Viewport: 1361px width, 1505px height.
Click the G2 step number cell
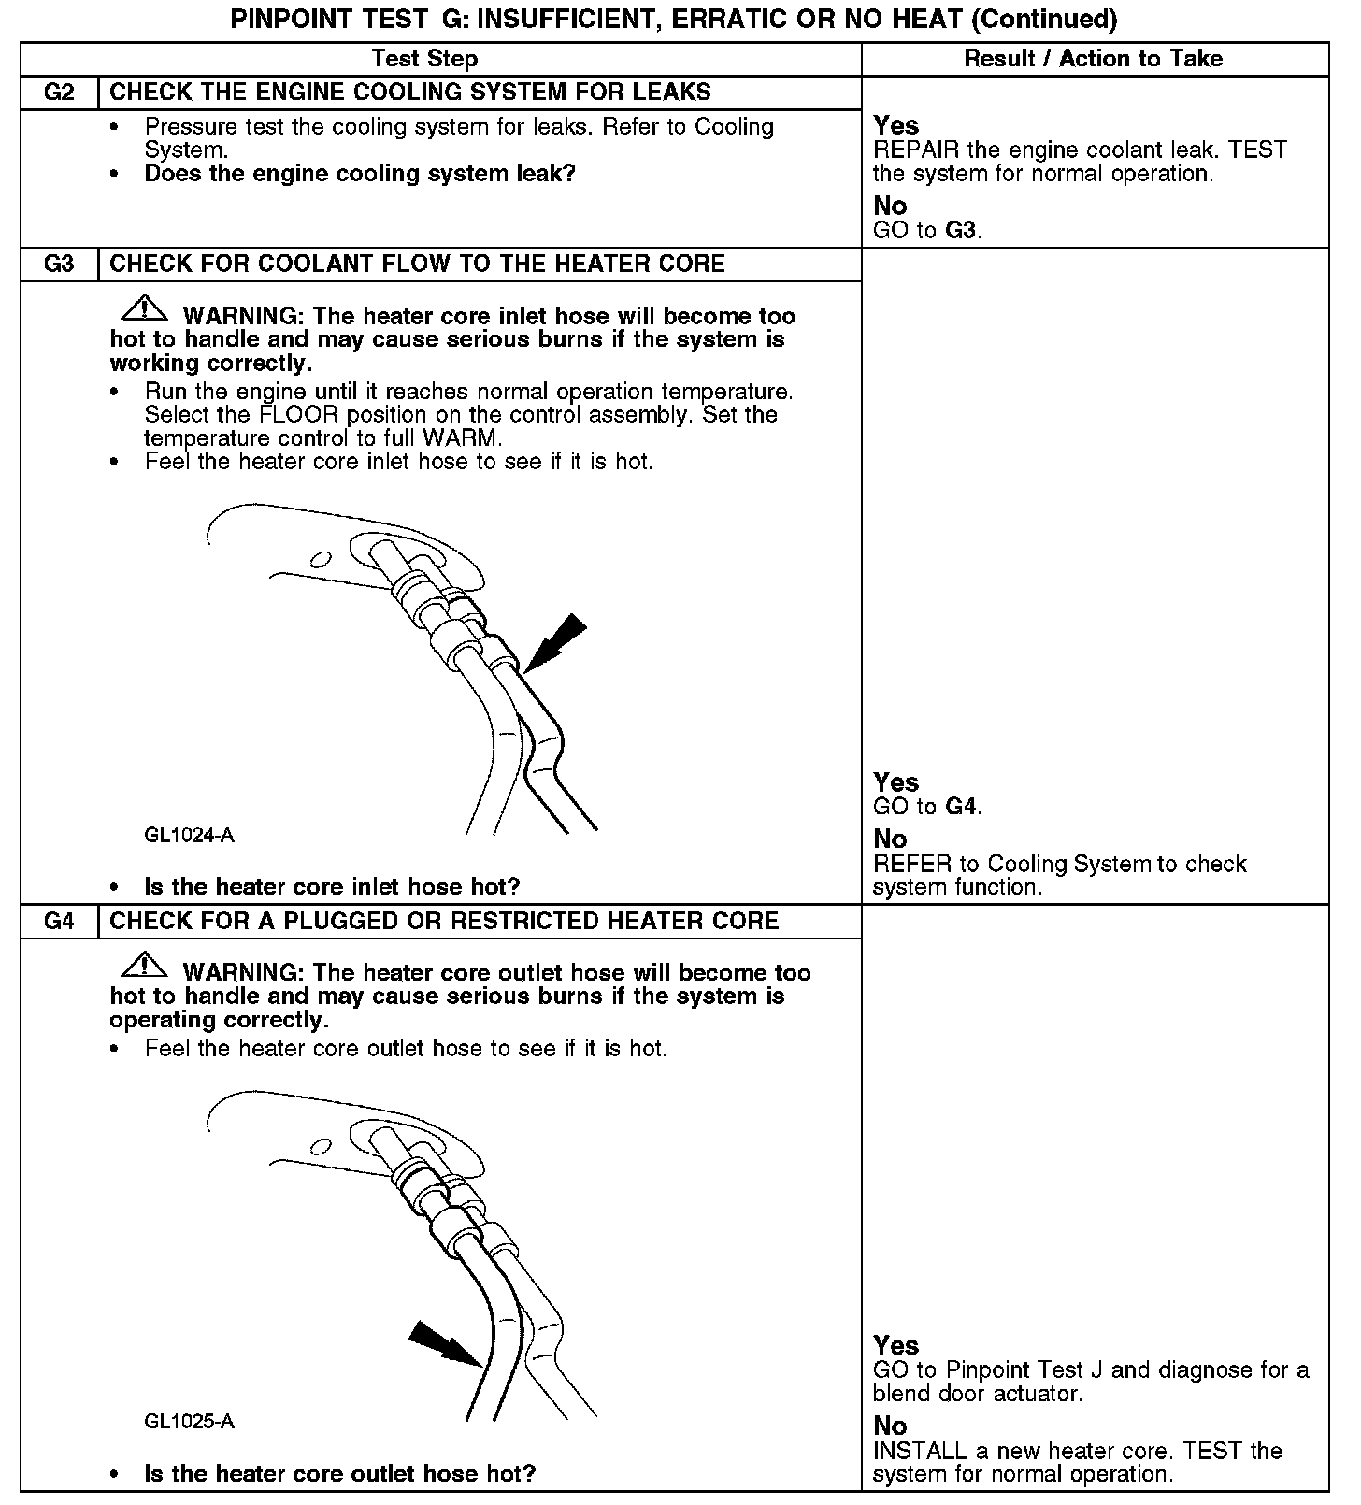pos(59,93)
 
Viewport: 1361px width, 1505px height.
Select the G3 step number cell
pos(59,264)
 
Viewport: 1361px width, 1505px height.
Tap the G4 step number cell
pos(59,921)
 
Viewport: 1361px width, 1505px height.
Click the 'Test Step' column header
pos(424,59)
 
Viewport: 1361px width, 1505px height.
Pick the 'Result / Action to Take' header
pos(1093,59)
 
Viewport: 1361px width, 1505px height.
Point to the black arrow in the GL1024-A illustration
pos(555,643)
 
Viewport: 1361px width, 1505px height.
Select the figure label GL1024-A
pos(189,835)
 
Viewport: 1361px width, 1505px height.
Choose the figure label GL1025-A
pos(189,1422)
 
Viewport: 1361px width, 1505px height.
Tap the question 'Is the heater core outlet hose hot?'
pos(340,1474)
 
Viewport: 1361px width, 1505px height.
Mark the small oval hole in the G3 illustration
pos(321,559)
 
